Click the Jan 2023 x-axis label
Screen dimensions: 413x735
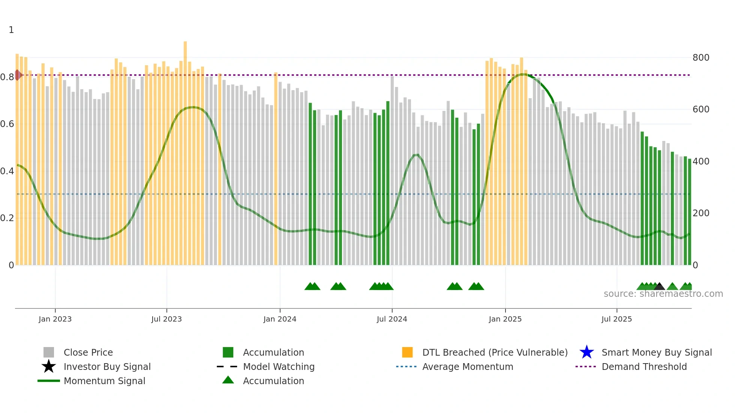(55, 319)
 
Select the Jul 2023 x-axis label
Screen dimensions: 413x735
(166, 319)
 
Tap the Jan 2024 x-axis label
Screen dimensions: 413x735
(280, 319)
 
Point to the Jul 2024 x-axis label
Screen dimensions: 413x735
(392, 319)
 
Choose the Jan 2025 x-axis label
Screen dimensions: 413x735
(505, 319)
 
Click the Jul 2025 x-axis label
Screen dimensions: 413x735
(616, 319)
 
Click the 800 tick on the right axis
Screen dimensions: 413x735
(701, 58)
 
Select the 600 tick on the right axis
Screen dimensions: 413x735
(701, 109)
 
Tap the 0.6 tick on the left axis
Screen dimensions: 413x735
(7, 124)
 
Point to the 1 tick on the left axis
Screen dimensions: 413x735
(11, 30)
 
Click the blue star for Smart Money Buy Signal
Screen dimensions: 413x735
(586, 352)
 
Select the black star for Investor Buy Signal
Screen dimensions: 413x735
(49, 367)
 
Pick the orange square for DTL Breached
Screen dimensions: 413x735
(407, 352)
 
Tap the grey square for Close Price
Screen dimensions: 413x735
(49, 352)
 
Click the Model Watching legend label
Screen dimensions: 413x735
(279, 367)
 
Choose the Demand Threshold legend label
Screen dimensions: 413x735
(644, 367)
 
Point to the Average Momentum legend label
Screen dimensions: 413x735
(468, 367)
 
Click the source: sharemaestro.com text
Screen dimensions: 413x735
(663, 294)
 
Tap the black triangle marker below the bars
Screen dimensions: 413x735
(659, 287)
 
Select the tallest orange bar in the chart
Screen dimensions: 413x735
(185, 150)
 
